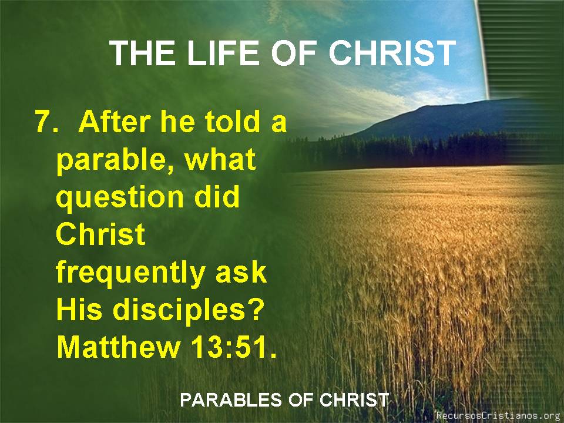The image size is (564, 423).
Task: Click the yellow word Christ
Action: click(x=100, y=234)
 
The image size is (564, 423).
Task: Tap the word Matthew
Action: click(x=119, y=347)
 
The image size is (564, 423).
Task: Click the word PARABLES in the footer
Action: click(x=230, y=400)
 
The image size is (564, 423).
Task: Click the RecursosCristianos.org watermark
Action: click(x=499, y=415)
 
